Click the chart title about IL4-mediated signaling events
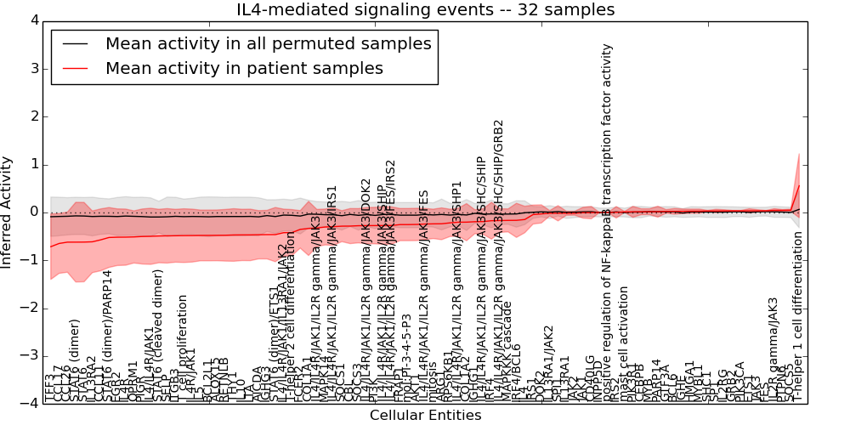click(425, 9)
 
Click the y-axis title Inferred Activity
click(7, 212)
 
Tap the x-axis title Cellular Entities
click(425, 416)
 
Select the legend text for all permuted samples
click(268, 43)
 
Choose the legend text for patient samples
click(244, 68)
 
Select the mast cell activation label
click(625, 345)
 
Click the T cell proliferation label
click(183, 348)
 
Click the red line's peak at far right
click(798, 185)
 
